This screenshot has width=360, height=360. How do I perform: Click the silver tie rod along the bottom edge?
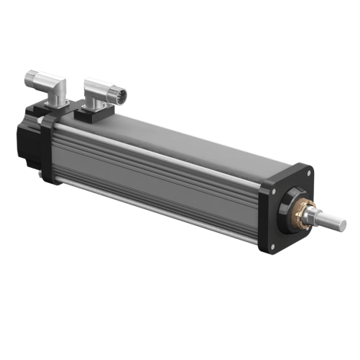[153, 214]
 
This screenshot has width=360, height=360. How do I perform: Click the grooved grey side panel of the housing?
[153, 180]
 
